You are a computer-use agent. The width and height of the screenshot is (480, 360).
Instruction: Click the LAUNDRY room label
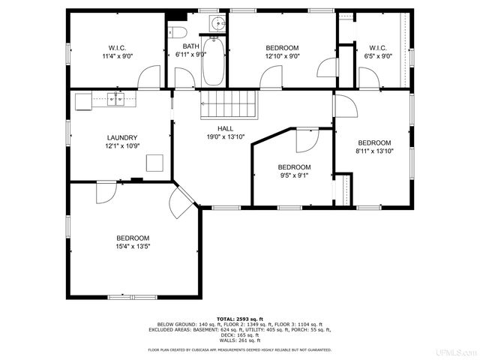coord(121,137)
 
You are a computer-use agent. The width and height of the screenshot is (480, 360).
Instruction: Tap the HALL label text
coord(226,127)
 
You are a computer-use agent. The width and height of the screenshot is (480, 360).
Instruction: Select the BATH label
coord(190,46)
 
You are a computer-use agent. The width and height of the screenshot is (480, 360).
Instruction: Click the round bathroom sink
coord(217,22)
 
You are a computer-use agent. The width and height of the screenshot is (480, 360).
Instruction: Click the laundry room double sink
coord(115,98)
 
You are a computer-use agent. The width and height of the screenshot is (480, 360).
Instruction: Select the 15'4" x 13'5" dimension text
coord(133,247)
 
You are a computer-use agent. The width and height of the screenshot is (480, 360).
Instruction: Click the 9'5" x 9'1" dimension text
coord(294,175)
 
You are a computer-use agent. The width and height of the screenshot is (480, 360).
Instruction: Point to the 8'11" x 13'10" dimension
coord(374,151)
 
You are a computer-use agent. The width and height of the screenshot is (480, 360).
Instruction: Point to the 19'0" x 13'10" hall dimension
coord(226,137)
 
